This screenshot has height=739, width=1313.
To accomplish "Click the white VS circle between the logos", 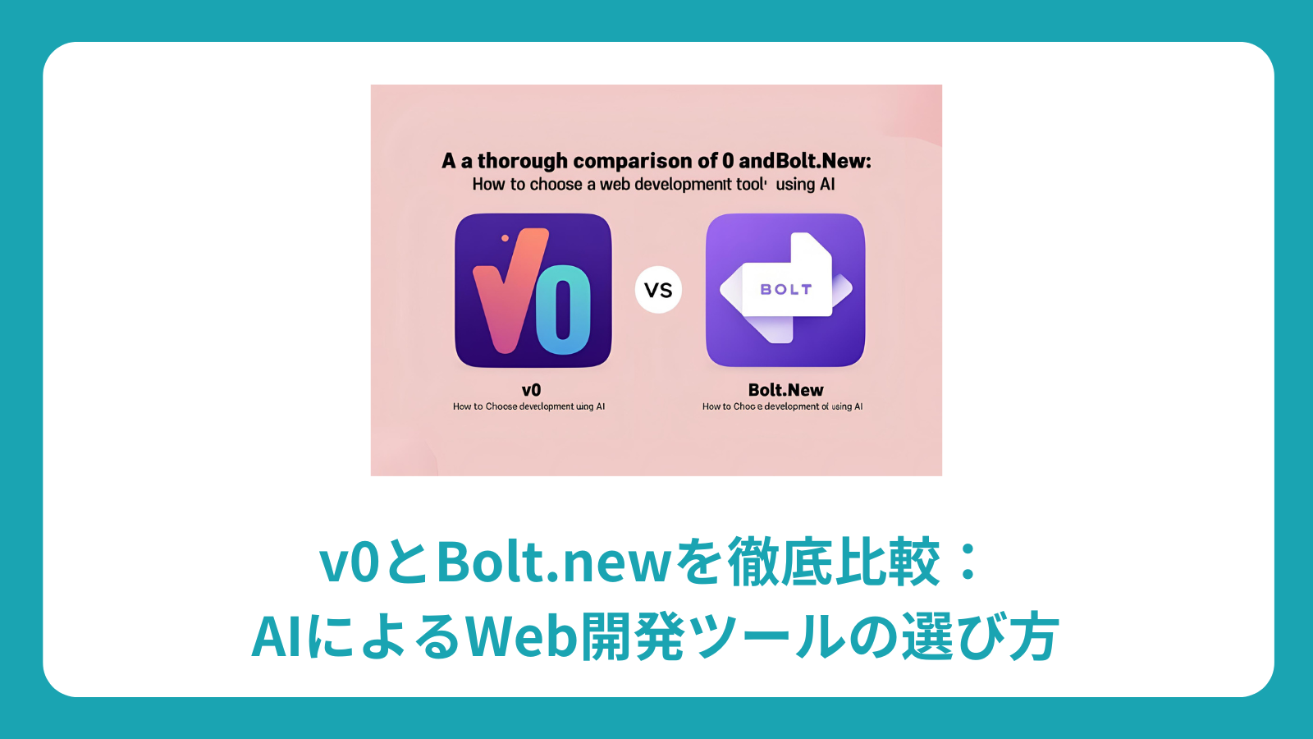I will click(658, 290).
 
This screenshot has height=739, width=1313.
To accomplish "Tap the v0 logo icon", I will click(533, 290).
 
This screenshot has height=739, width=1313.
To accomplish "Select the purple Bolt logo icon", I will click(785, 290).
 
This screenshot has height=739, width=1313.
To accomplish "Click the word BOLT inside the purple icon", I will click(785, 290).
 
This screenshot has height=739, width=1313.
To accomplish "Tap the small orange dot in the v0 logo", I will click(505, 239).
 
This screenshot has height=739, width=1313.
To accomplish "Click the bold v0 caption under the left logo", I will click(531, 390).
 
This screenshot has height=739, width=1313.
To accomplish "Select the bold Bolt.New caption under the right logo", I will click(785, 390).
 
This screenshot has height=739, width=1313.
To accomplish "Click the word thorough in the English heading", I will click(523, 161).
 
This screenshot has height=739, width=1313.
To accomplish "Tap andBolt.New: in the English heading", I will click(805, 161).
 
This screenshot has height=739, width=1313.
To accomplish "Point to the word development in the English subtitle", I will click(683, 185).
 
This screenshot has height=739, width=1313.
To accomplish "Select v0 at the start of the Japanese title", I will click(350, 562).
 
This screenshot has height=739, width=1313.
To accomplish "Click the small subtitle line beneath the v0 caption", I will click(528, 406).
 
